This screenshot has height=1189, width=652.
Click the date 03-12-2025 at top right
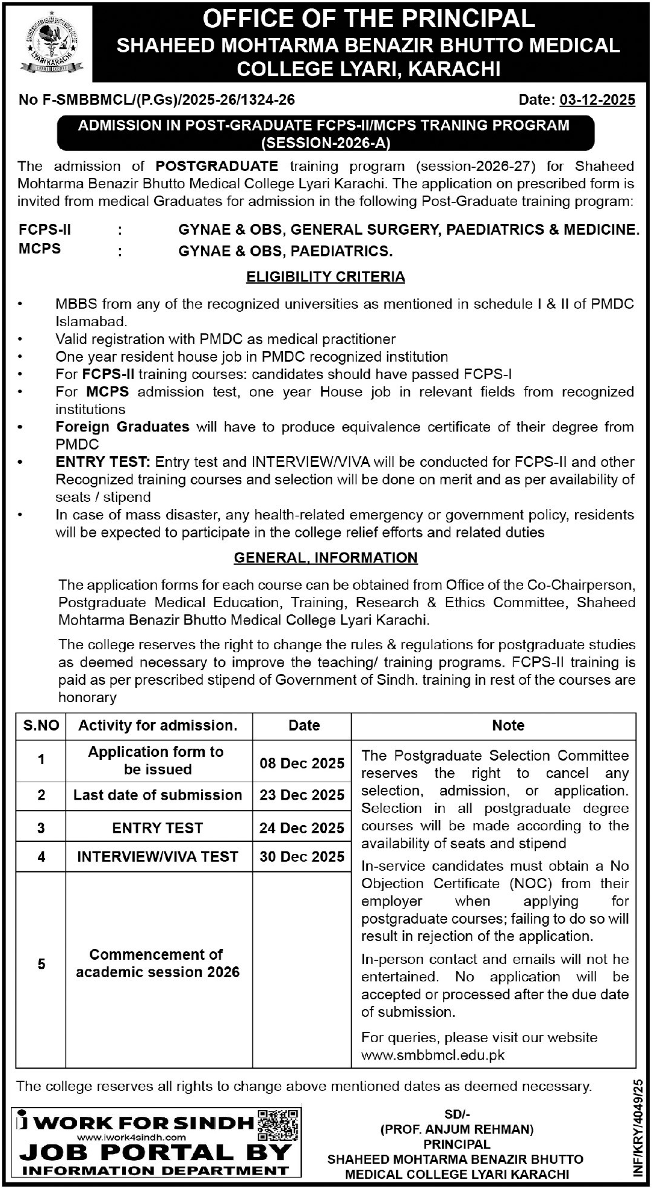coord(597,100)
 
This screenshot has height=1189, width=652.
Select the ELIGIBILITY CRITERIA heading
coord(326,277)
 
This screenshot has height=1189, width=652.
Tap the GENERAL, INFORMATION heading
coord(326,558)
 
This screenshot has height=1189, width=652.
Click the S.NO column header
coord(41,726)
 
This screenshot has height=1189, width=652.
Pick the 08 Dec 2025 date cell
coord(302,763)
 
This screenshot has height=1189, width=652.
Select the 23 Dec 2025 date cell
coord(302,795)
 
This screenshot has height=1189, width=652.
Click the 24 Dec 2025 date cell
coord(302,828)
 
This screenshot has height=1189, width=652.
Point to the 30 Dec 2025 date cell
coord(302,856)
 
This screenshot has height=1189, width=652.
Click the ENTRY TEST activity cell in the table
coord(158,828)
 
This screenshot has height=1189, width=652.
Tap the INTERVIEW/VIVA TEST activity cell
coord(158,856)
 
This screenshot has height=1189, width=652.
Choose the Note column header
coord(508,726)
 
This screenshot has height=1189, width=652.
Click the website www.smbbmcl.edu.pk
coord(433,1055)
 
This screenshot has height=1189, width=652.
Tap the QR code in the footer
coord(278,1125)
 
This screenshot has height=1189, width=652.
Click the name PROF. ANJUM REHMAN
coord(457,1129)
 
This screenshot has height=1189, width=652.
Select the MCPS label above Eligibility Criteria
coord(40,249)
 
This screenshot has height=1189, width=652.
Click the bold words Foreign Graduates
coord(122,427)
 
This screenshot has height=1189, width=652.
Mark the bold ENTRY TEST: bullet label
coord(102,462)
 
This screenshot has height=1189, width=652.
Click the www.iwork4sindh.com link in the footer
coord(132,1137)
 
